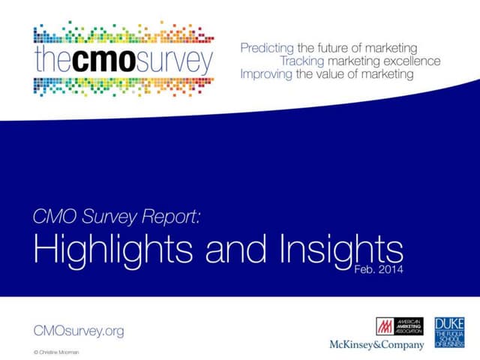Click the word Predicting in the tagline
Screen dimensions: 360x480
click(267, 47)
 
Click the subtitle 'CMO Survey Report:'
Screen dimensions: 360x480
click(118, 217)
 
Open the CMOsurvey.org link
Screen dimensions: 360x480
click(79, 331)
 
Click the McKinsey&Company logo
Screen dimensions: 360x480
click(376, 345)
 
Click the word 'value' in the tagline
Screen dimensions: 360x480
click(328, 74)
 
